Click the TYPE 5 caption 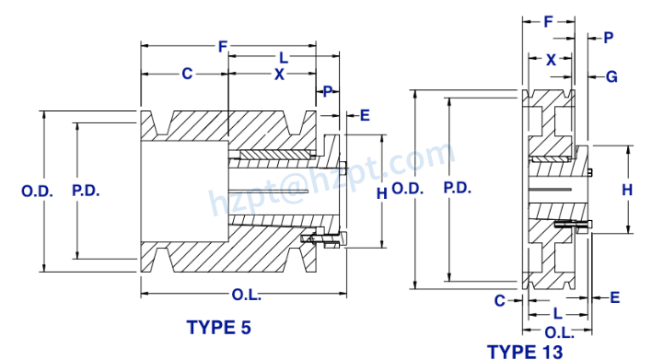(218, 327)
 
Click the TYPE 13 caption (523, 351)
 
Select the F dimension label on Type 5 (223, 46)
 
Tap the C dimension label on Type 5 (186, 74)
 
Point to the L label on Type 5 (283, 58)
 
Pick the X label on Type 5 (279, 74)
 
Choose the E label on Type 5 (365, 115)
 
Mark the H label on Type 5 (381, 192)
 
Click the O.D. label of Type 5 (37, 192)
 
